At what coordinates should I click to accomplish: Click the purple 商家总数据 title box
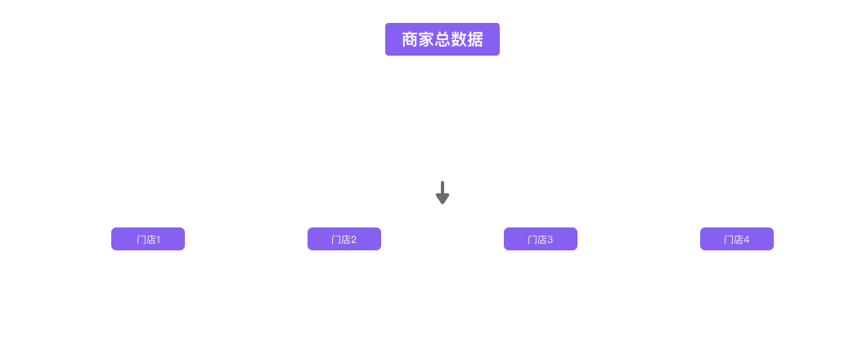coord(442,38)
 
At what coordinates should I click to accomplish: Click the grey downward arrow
coord(442,193)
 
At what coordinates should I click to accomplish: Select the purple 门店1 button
coord(148,239)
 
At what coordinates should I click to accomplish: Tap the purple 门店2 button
coord(344,239)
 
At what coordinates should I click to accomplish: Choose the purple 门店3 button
coord(541,239)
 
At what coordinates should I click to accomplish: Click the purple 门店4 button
coord(736,239)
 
